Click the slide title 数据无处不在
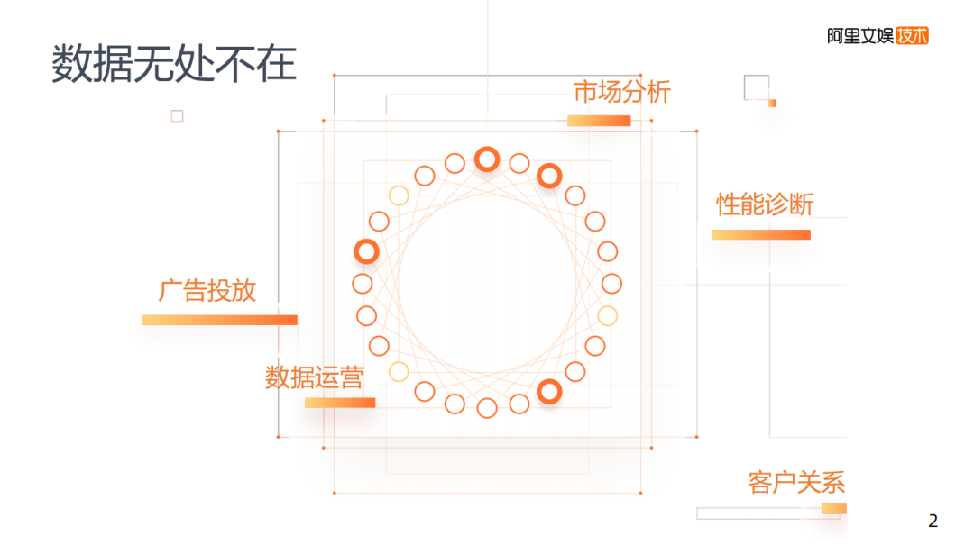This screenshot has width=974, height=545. [173, 64]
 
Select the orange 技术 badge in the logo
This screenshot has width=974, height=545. [912, 36]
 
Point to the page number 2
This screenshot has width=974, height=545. [933, 521]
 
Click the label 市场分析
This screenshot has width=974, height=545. [622, 92]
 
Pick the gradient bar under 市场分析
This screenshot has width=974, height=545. [599, 121]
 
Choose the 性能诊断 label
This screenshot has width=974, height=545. [765, 204]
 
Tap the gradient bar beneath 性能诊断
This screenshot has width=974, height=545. [761, 235]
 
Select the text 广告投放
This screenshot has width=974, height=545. [207, 290]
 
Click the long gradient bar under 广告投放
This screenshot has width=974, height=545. [219, 320]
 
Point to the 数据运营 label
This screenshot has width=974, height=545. [314, 377]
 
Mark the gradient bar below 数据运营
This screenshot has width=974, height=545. [339, 403]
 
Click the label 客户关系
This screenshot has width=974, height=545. [796, 483]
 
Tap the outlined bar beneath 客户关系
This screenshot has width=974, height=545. [771, 513]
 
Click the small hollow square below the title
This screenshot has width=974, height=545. [177, 115]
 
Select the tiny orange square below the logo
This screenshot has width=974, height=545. [772, 104]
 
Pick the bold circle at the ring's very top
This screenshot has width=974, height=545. [487, 159]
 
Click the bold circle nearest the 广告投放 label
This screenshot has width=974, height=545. [365, 251]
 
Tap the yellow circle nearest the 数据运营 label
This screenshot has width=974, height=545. [399, 371]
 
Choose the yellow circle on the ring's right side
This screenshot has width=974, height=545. [608, 315]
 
